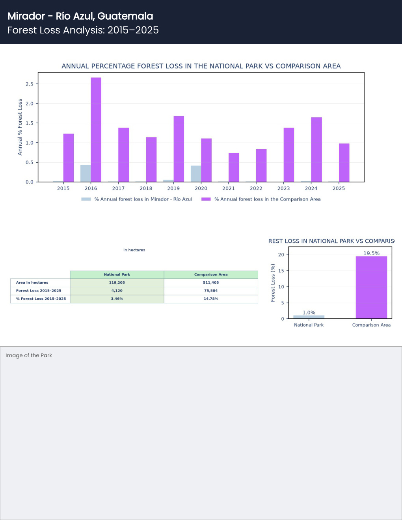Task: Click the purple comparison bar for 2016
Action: pyautogui.click(x=96, y=130)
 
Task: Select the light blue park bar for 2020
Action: pyautogui.click(x=196, y=174)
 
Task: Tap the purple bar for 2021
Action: pyautogui.click(x=234, y=167)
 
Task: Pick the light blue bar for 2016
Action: pyautogui.click(x=86, y=173)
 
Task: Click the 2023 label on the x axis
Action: pyautogui.click(x=283, y=188)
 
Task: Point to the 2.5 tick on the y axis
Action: pyautogui.click(x=30, y=84)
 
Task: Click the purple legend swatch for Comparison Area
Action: pyautogui.click(x=206, y=199)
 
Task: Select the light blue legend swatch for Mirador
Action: pyautogui.click(x=86, y=199)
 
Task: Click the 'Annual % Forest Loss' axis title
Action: pyautogui.click(x=20, y=127)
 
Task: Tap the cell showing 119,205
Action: pyautogui.click(x=117, y=282)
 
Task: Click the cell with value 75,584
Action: pyautogui.click(x=211, y=291)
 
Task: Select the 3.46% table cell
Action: pyautogui.click(x=117, y=299)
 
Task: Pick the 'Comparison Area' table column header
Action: pyautogui.click(x=211, y=275)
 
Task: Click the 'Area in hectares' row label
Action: pyautogui.click(x=32, y=282)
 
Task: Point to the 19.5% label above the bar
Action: pyautogui.click(x=371, y=253)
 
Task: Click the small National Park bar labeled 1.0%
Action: pyautogui.click(x=309, y=317)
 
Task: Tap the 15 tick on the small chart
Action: pyautogui.click(x=281, y=271)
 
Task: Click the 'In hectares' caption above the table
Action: pyautogui.click(x=134, y=250)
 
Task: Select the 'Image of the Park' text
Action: pyautogui.click(x=29, y=355)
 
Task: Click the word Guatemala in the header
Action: pyautogui.click(x=125, y=16)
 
